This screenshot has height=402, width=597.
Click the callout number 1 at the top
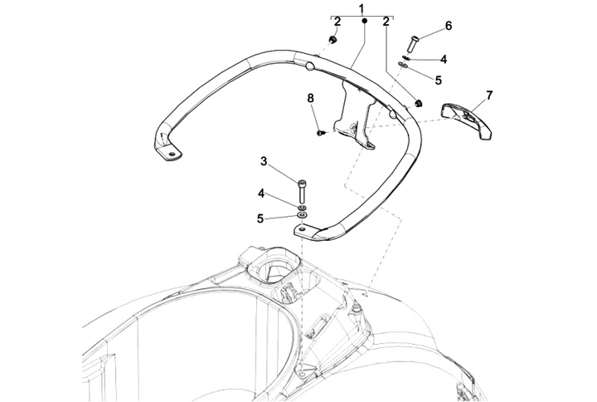[362, 8]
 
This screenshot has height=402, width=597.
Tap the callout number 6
[449, 26]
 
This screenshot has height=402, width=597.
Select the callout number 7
[489, 95]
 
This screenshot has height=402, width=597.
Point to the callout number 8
[311, 98]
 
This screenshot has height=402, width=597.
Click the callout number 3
[264, 161]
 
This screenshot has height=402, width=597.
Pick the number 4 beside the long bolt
[261, 194]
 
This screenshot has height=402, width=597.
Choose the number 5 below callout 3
[260, 219]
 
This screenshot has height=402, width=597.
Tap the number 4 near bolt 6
[443, 59]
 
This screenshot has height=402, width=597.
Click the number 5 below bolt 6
[439, 80]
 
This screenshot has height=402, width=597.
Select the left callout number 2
[337, 22]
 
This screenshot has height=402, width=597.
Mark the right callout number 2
[386, 22]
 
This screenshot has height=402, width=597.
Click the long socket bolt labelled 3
[302, 191]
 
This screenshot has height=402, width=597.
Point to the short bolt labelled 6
[414, 43]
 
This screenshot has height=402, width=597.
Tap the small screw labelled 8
[320, 133]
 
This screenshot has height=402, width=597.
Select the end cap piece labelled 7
[466, 120]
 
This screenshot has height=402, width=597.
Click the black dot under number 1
[364, 21]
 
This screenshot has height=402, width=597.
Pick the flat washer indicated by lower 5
[303, 216]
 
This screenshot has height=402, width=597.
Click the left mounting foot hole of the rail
[172, 154]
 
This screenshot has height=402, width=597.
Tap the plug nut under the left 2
[332, 39]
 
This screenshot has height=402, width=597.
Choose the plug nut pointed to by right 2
[420, 103]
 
